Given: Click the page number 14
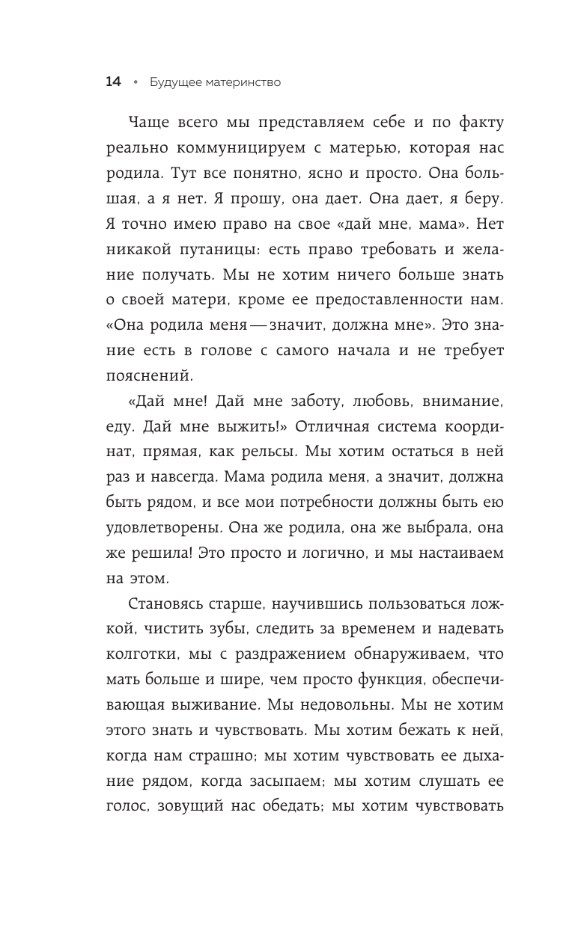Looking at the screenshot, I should (113, 82).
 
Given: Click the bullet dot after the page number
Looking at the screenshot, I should (136, 82).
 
